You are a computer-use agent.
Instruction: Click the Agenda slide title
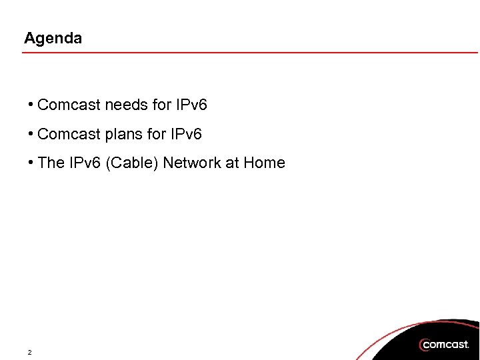(53, 39)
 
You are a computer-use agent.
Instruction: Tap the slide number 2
(29, 352)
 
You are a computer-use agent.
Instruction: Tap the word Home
(264, 163)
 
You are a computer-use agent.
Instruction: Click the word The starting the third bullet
(51, 163)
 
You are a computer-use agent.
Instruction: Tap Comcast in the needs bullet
(69, 105)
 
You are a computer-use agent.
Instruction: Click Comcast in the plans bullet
(69, 135)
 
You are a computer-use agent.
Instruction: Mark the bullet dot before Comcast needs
(31, 105)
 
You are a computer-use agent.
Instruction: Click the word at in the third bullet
(232, 163)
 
